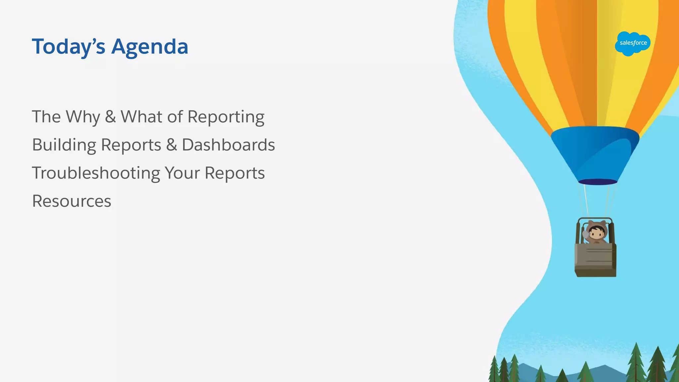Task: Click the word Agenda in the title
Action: click(150, 47)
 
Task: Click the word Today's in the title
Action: click(68, 47)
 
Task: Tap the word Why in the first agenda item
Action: click(83, 117)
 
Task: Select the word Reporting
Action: click(226, 117)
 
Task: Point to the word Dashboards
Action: click(228, 145)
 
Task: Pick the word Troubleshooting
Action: click(96, 173)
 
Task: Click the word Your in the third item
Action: click(182, 173)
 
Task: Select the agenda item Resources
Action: click(72, 201)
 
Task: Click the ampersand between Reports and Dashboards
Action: click(171, 145)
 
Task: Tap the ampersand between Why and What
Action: click(110, 117)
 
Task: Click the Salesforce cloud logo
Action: click(633, 43)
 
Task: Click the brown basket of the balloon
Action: click(595, 260)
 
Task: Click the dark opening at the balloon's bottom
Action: click(597, 182)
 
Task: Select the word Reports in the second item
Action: click(131, 145)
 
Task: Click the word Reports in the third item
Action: click(234, 173)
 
